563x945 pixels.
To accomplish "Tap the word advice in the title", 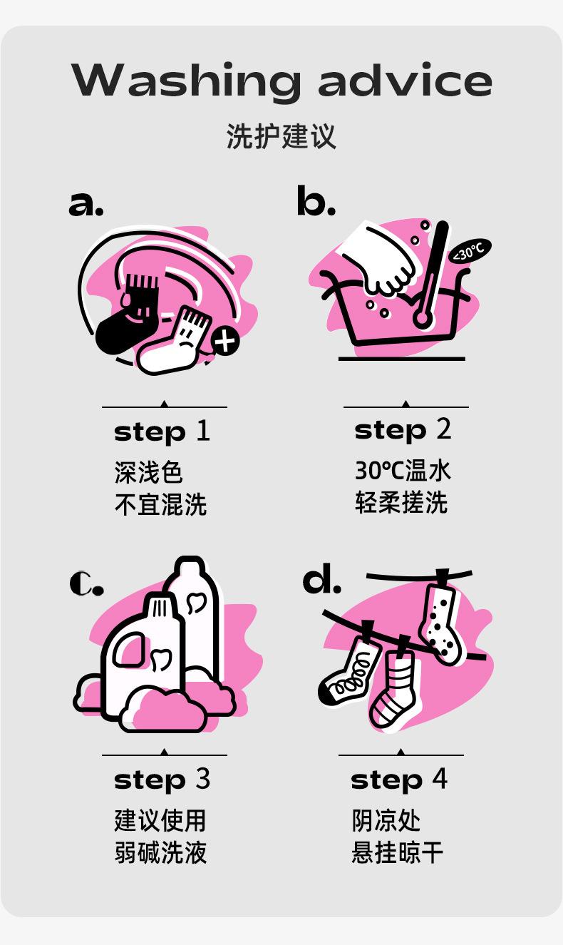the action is coord(405,79).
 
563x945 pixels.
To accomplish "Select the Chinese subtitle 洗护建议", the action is coord(281,136).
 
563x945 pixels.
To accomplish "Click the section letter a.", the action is coord(86,204).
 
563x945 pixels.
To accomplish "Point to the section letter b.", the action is coord(316,200).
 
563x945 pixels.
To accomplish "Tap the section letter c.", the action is coord(86,583).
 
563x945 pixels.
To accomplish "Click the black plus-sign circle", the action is coord(225,340).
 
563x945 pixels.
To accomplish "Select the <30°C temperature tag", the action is coord(470,252).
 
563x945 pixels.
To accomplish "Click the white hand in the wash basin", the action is coord(381,261).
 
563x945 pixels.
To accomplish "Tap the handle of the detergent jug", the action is coord(128,649).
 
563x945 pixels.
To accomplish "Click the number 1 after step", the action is coord(203,431).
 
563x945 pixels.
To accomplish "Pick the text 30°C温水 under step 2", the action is coord(403,471).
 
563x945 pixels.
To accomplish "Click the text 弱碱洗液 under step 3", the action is coord(160,852).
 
